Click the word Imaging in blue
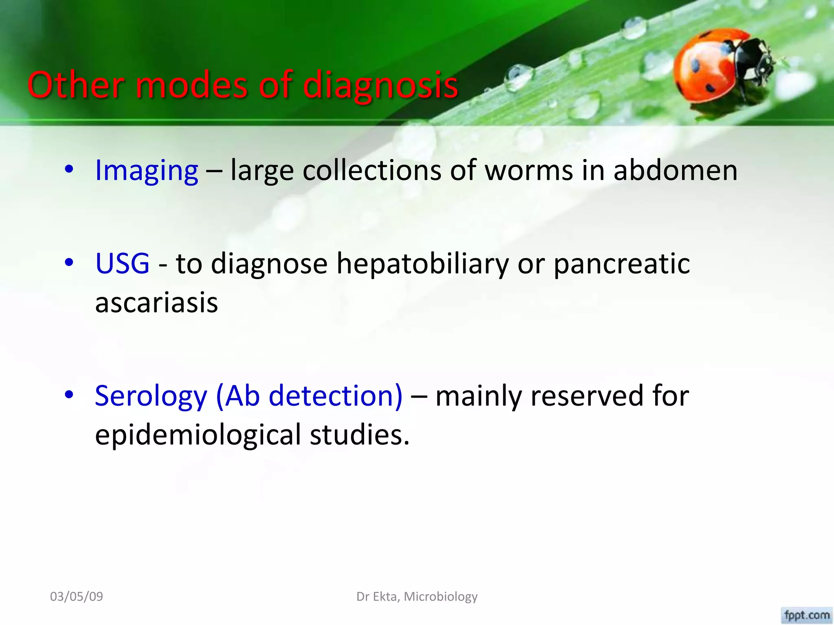pos(146,170)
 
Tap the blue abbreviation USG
pos(122,263)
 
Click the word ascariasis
pos(156,303)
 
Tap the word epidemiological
pos(198,435)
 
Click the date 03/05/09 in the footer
pos(77,597)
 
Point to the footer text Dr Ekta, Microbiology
pos(417,597)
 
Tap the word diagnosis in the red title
pos(380,85)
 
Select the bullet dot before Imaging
pos(69,170)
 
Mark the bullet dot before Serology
pos(69,395)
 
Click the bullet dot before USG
pos(69,263)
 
